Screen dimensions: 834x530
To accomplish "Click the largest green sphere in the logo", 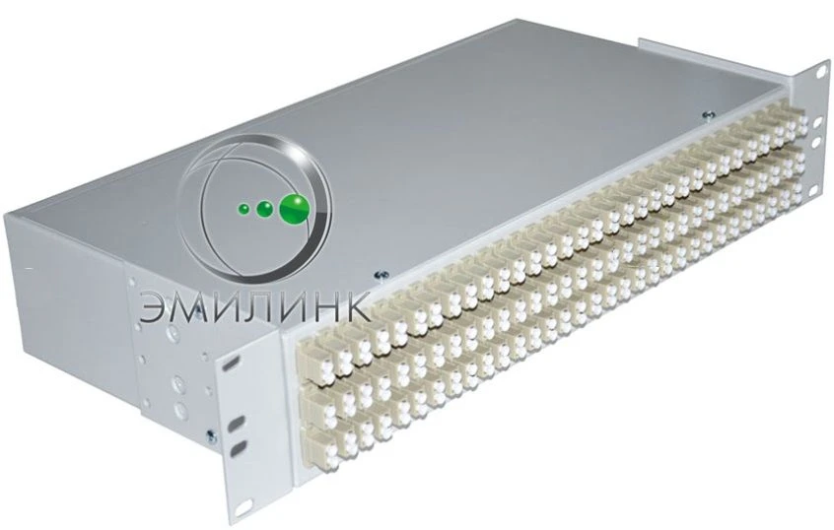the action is tap(294, 208).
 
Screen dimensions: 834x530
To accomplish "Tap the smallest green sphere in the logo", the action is tap(243, 209).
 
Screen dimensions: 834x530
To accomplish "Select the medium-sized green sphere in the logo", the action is tap(264, 209).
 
